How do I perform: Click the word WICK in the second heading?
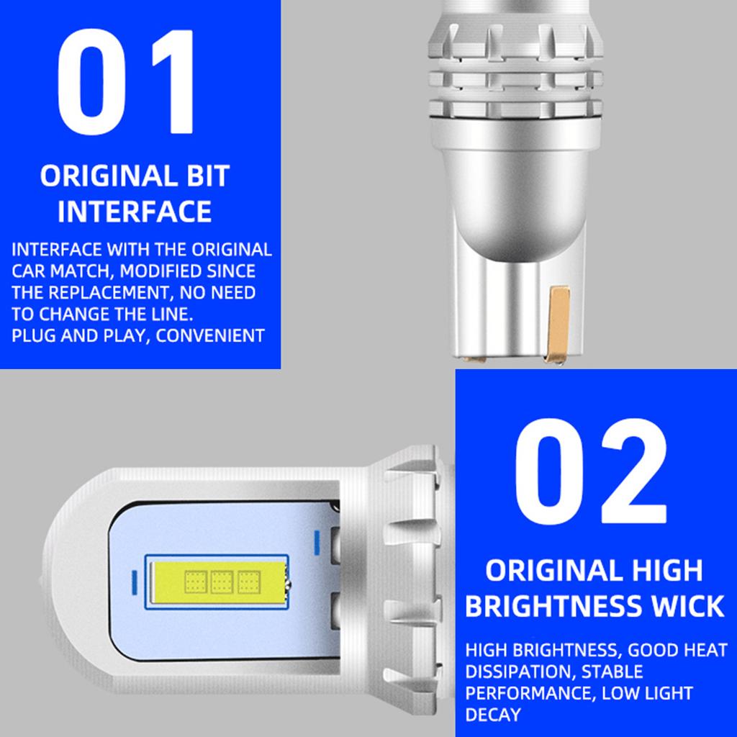pos(687,606)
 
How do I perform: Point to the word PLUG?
pos(35,335)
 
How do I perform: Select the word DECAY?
pos(492,715)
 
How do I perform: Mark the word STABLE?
pos(612,672)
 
